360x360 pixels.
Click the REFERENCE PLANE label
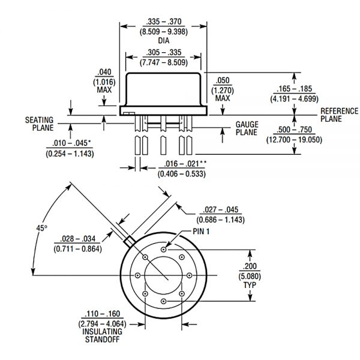coord(340,115)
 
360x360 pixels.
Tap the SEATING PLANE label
coord(39,123)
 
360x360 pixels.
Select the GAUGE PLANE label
coord(247,128)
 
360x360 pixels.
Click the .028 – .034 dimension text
coord(77,238)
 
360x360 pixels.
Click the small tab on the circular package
coord(128,241)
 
